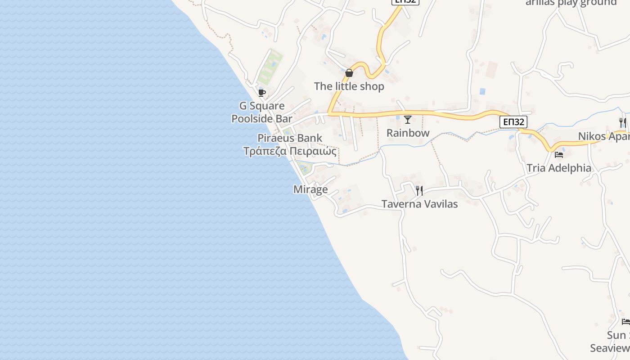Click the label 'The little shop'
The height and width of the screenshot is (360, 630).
tap(349, 86)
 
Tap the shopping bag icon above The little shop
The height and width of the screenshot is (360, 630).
tap(349, 73)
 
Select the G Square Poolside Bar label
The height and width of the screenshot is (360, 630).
tap(262, 112)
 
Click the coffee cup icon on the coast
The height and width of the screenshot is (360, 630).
tap(261, 93)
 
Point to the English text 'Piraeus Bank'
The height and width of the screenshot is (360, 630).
tap(290, 138)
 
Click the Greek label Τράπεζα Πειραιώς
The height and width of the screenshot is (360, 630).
tap(290, 151)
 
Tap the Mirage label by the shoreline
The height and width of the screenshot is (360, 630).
tap(310, 189)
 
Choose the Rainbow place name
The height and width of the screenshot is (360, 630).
tap(408, 133)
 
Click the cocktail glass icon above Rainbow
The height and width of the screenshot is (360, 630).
tap(408, 120)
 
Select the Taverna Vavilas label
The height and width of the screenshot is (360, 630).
tap(419, 204)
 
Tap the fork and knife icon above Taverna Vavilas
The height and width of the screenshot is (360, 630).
tap(419, 191)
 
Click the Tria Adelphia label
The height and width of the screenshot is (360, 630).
tap(559, 168)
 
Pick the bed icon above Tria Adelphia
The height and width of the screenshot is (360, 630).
tap(559, 155)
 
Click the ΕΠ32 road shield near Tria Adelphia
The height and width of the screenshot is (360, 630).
tap(513, 122)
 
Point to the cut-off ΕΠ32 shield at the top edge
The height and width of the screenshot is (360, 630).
tap(405, 2)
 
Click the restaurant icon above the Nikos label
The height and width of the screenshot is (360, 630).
tap(623, 122)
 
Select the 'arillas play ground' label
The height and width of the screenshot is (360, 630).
tap(571, 3)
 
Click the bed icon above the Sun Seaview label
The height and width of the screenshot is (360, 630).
tap(625, 322)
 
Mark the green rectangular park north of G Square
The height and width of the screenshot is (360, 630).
tap(270, 67)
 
